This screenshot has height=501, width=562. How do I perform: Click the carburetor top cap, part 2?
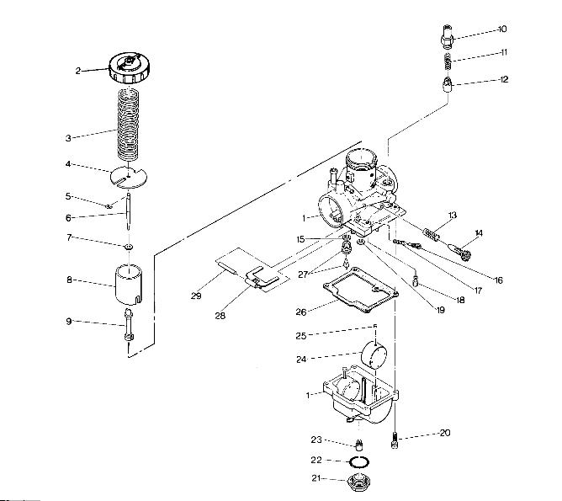[129, 66]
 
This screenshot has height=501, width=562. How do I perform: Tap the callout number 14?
[479, 232]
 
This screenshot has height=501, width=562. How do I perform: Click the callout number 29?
[195, 296]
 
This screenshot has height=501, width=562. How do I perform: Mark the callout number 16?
[498, 280]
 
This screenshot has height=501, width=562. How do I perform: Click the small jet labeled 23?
[358, 444]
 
